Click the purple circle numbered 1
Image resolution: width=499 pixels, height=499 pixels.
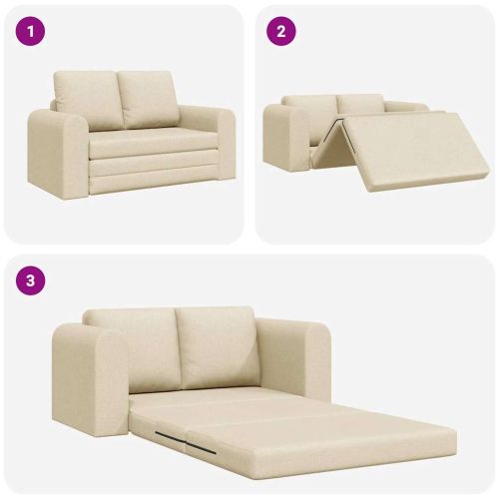coord(30,32)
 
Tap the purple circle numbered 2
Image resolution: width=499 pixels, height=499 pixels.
coord(281,32)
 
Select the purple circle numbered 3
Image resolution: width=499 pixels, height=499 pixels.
coord(30,280)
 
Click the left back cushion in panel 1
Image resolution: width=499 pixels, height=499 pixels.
coord(89,100)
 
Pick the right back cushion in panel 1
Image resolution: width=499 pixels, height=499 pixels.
coord(148,100)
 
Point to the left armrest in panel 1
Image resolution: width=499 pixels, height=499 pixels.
coord(58,154)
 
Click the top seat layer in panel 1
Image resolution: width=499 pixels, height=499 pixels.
coord(153,142)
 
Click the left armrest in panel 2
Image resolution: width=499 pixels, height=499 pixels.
coord(286,137)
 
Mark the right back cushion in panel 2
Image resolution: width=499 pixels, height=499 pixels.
coord(361,104)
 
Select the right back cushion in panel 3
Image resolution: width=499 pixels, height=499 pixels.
coord(217,347)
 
